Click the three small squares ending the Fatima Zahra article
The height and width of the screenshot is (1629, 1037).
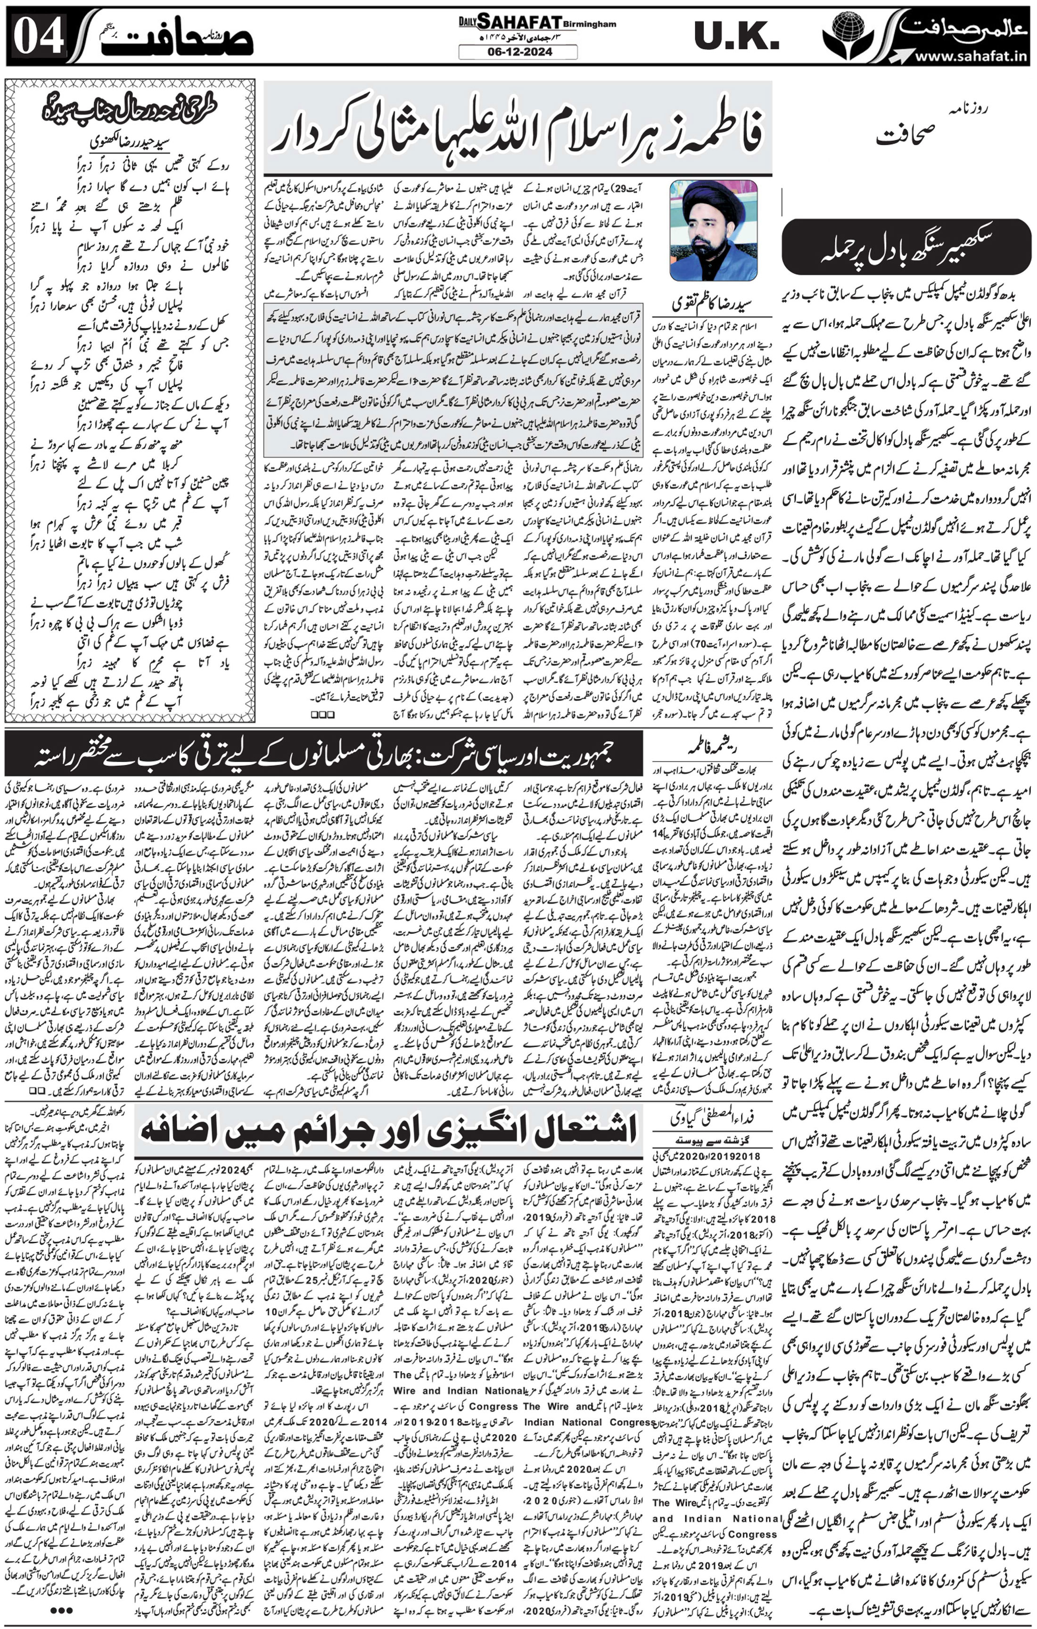coord(323,714)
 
